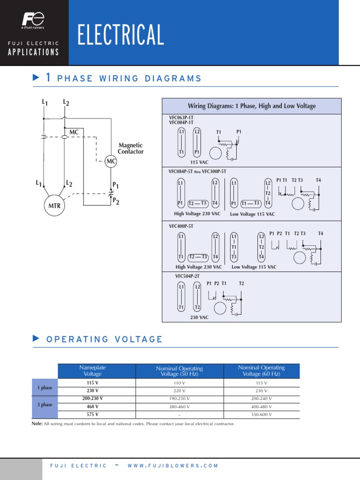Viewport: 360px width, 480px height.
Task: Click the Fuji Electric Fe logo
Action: pyautogui.click(x=33, y=20)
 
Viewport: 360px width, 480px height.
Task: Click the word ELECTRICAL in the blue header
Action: pyautogui.click(x=121, y=36)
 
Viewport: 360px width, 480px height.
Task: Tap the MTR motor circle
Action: pyautogui.click(x=55, y=205)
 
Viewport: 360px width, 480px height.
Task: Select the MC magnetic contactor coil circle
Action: pyautogui.click(x=111, y=162)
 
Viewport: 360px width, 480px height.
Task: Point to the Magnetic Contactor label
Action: pyautogui.click(x=131, y=149)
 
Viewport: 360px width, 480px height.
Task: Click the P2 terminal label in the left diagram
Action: pyautogui.click(x=115, y=202)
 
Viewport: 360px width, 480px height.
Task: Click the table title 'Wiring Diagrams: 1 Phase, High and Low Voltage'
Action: pyautogui.click(x=252, y=106)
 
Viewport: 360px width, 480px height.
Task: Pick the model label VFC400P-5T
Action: pyautogui.click(x=181, y=226)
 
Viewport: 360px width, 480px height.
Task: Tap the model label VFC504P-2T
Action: pyautogui.click(x=187, y=276)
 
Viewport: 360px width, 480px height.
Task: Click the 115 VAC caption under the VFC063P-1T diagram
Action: pyautogui.click(x=199, y=162)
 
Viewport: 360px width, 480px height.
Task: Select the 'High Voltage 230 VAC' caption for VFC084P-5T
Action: pyautogui.click(x=197, y=214)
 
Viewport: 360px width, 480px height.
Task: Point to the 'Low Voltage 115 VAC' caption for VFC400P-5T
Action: pyautogui.click(x=254, y=267)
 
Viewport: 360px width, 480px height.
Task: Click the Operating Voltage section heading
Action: pyautogui.click(x=105, y=339)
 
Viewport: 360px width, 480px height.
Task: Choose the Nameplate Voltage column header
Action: pyautogui.click(x=92, y=371)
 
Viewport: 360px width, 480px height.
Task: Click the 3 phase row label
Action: pyautogui.click(x=45, y=405)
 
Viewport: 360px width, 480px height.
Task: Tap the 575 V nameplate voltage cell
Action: pyautogui.click(x=92, y=414)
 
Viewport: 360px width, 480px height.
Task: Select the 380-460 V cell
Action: pyautogui.click(x=180, y=407)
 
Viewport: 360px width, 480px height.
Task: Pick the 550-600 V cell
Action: pyautogui.click(x=261, y=415)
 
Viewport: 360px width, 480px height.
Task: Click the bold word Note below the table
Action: pyautogui.click(x=37, y=424)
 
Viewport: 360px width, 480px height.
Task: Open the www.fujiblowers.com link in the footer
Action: pyautogui.click(x=173, y=465)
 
